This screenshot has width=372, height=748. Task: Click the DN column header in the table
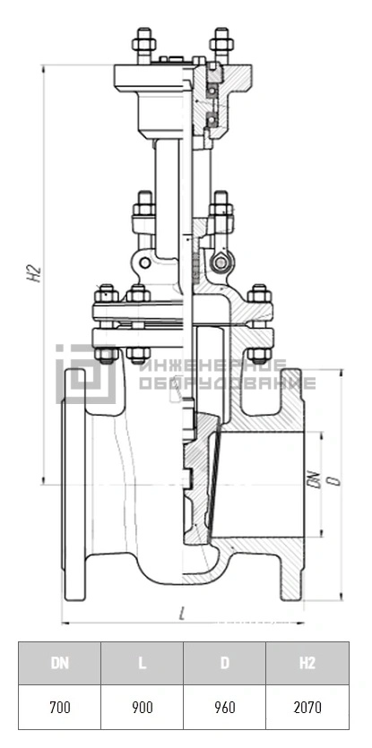(60, 663)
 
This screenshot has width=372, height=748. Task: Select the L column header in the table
(142, 663)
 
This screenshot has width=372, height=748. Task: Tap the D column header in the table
(224, 663)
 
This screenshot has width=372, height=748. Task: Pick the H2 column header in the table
(307, 663)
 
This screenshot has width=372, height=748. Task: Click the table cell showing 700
(60, 707)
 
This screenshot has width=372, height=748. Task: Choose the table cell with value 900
(142, 707)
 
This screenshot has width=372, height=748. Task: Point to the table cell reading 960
(224, 707)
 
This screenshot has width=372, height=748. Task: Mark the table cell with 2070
(307, 707)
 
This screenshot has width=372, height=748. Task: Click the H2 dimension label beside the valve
(34, 274)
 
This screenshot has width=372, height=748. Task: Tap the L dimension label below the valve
(181, 614)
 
